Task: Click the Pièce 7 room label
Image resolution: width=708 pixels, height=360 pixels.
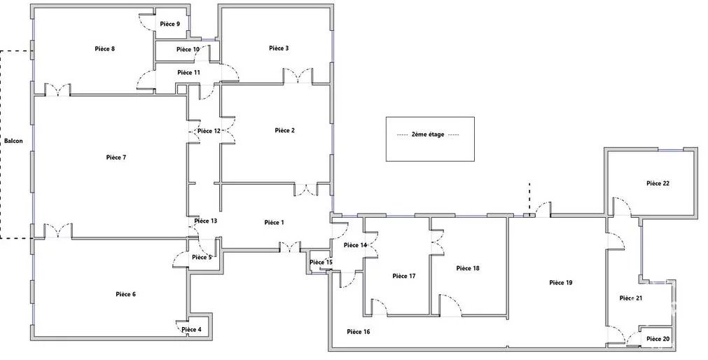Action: pos(116,158)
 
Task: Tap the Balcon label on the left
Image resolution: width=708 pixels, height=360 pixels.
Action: pos(13,141)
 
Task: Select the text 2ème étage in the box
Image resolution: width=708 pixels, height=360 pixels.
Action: pos(428,134)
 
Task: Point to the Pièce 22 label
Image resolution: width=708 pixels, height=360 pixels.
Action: pos(658,184)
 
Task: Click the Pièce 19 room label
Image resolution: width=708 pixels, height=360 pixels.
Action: pos(561,283)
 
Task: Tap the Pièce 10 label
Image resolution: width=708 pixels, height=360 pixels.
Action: pos(188,49)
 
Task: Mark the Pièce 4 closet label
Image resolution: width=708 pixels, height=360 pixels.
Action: pos(191,330)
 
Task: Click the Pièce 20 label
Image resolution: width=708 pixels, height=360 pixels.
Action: pos(658,339)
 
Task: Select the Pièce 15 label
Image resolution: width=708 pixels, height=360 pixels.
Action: pos(321,263)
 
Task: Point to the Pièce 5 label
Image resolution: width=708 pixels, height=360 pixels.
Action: pos(202,258)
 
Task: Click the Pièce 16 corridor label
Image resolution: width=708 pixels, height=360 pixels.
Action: pos(359,332)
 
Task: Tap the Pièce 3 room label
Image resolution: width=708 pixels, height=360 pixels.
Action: pos(279,48)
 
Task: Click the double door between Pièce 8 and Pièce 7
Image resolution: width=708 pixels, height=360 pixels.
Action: pos(57,90)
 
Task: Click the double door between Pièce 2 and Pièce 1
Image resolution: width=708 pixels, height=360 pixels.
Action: pos(306,189)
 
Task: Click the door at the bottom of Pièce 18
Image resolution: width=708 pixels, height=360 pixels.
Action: pos(450,305)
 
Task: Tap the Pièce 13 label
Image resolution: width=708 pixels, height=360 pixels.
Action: pos(205,221)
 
